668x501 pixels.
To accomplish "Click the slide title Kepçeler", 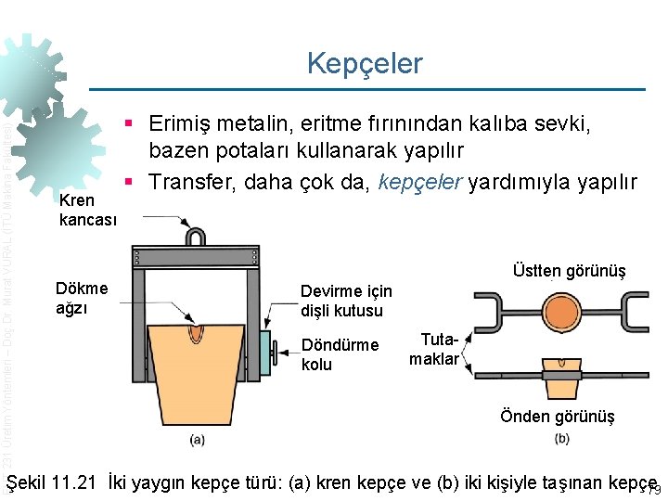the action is click(x=365, y=63).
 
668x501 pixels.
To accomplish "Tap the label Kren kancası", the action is click(x=88, y=211).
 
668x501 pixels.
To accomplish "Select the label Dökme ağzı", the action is click(x=83, y=298).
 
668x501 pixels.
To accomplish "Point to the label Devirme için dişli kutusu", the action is click(x=346, y=302).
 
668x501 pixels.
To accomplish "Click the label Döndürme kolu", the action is click(x=340, y=354).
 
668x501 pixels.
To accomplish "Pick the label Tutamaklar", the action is click(x=433, y=350).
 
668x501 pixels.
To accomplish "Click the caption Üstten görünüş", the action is click(x=569, y=271).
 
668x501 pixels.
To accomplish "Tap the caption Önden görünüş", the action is click(x=557, y=417).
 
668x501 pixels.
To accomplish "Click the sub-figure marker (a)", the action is click(x=197, y=438).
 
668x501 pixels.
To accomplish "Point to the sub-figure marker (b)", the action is click(x=561, y=438).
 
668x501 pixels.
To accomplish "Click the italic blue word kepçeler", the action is click(x=419, y=182).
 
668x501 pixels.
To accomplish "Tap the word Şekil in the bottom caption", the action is click(x=25, y=482).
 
